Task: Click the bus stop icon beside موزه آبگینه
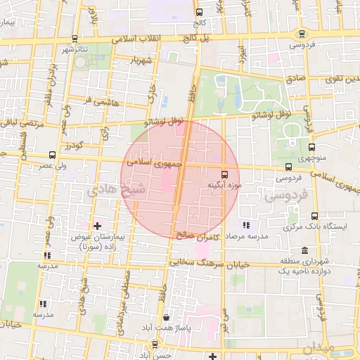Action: (224, 173)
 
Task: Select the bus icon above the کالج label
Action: (199, 12)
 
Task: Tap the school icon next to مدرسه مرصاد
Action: (245, 225)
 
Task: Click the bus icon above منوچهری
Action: (311, 146)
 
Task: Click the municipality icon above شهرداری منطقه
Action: (304, 251)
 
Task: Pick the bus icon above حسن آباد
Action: (155, 345)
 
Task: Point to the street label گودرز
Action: (75, 146)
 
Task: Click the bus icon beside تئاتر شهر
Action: (75, 39)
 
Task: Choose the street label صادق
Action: (295, 78)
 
